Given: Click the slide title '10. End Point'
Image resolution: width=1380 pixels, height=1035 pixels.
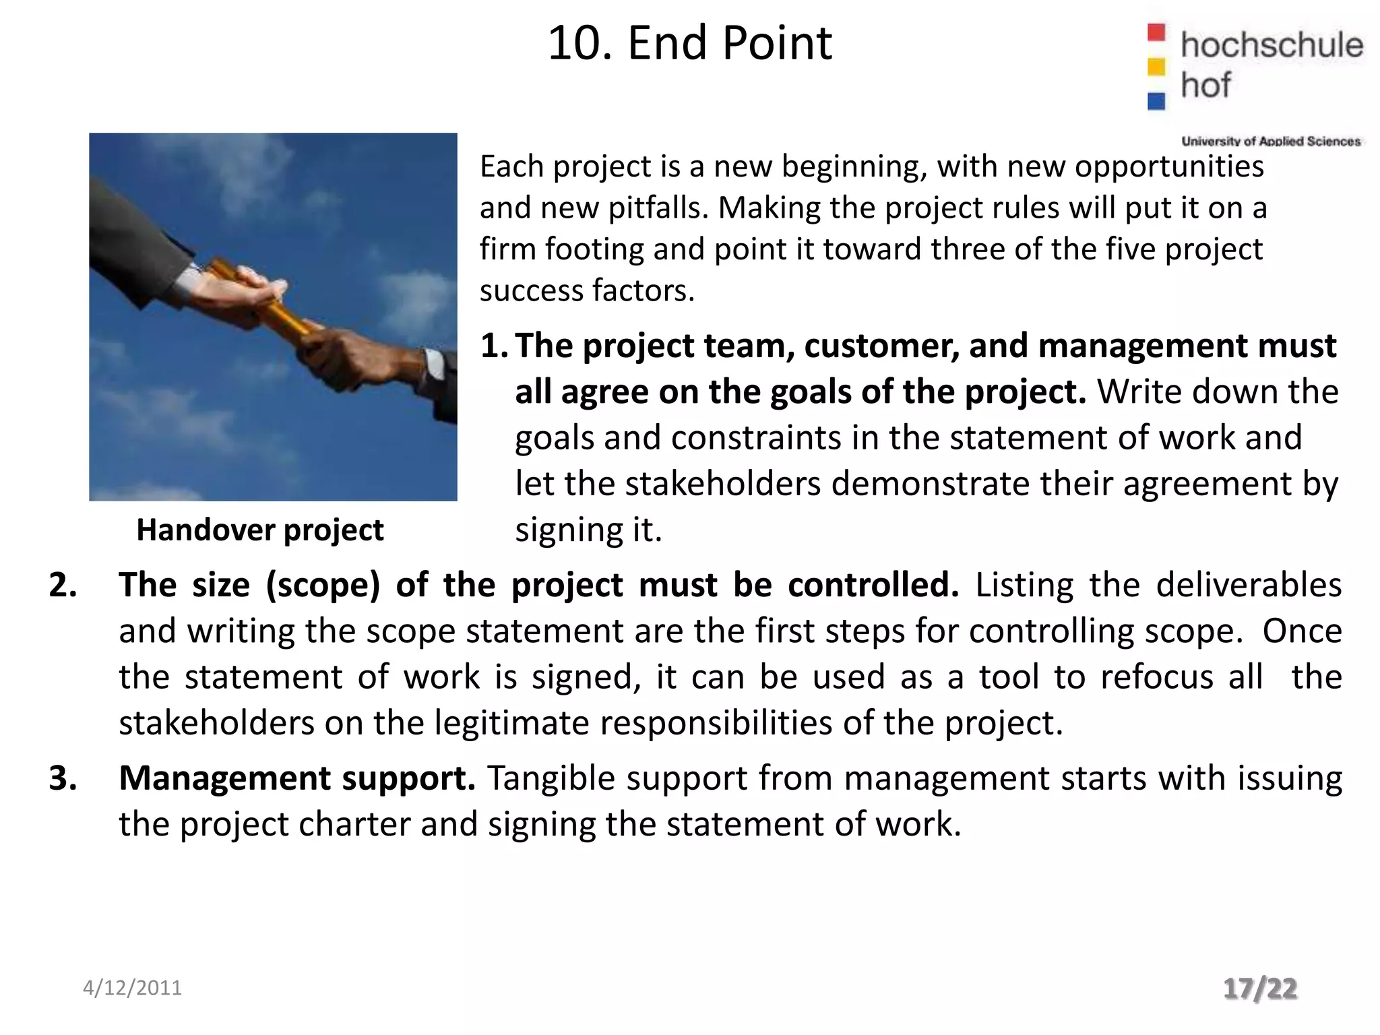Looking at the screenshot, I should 690,44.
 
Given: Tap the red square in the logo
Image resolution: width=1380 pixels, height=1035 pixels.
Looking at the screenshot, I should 1156,32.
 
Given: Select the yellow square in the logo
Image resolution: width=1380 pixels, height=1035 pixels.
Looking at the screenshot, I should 1156,67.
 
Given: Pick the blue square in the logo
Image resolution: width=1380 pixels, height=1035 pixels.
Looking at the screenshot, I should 1156,101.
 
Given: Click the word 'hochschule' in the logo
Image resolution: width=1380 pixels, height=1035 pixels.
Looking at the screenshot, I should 1272,45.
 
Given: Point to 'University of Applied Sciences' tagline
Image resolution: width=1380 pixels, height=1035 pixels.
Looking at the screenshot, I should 1271,142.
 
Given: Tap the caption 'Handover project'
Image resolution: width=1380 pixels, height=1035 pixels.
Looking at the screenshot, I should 260,530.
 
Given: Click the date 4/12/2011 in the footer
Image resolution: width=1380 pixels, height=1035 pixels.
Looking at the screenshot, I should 132,988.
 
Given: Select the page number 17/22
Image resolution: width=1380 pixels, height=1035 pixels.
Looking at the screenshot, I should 1259,989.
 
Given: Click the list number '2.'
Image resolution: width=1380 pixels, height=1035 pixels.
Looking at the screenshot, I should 63,585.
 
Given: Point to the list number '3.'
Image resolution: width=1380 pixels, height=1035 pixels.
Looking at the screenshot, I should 63,778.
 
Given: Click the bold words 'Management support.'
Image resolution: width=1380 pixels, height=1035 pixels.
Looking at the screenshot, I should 297,778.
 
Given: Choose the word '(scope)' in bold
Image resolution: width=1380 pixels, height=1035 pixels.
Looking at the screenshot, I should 323,585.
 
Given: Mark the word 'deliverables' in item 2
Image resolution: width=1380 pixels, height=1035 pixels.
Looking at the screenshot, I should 1249,585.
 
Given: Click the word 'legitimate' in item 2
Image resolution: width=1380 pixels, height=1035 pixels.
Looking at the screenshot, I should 512,723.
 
